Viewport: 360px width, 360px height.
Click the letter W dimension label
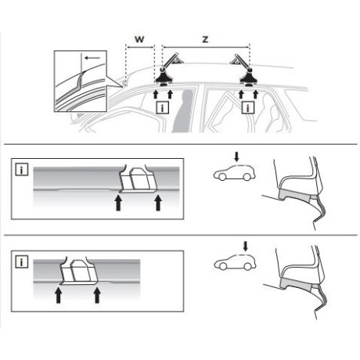click(139, 39)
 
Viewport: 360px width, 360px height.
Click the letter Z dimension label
click(206, 39)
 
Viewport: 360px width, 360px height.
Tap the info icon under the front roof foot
click(162, 107)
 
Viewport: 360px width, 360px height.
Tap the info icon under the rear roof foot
click(247, 107)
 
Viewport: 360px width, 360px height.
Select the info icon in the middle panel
click(22, 170)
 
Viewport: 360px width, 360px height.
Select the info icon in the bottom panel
click(22, 262)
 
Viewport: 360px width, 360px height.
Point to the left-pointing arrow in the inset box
click(92, 58)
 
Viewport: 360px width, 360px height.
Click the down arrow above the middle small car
click(236, 157)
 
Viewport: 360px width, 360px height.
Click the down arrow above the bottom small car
click(245, 246)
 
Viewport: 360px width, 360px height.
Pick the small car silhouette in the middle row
click(234, 173)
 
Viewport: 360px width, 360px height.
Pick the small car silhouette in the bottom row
click(235, 262)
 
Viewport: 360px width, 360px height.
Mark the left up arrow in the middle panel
click(119, 203)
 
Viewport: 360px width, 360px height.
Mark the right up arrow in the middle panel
click(158, 203)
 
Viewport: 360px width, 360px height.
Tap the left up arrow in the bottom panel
click(59, 295)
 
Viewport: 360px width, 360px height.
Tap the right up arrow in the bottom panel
click(97, 295)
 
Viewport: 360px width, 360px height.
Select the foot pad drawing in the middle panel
click(137, 180)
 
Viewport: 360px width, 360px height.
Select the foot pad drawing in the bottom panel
click(79, 271)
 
